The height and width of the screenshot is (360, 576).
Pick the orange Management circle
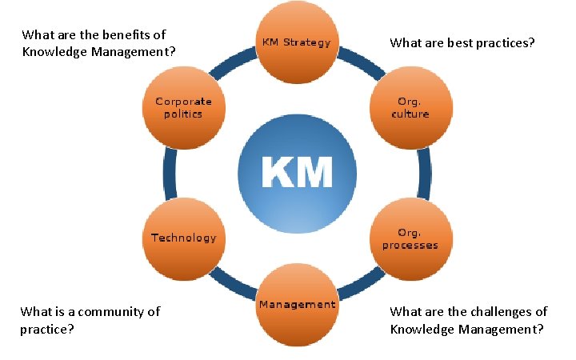(297, 305)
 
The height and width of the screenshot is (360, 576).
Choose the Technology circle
(184, 238)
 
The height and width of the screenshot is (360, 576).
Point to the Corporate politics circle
(184, 108)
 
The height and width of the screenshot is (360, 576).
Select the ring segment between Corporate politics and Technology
(169, 174)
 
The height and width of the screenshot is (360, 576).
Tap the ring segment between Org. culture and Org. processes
(424, 174)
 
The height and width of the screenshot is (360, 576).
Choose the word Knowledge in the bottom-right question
(418, 329)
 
